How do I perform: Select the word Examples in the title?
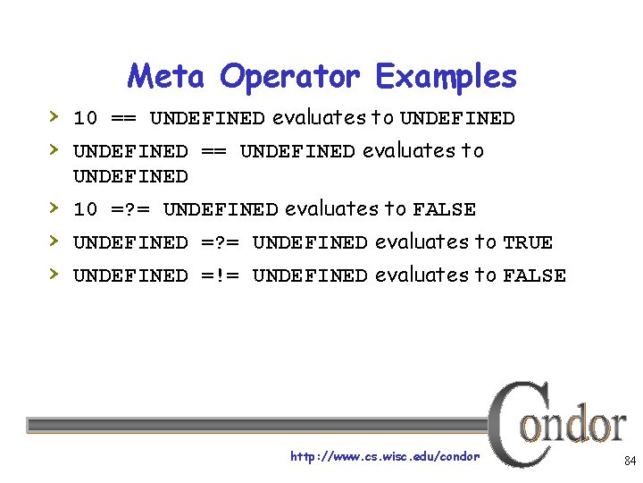(447, 78)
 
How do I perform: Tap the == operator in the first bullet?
(123, 119)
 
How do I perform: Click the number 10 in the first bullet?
(85, 119)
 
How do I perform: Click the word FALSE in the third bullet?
(444, 210)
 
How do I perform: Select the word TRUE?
(528, 243)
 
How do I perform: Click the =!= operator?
(220, 276)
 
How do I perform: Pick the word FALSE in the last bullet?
(534, 276)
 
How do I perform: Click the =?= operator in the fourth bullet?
(220, 243)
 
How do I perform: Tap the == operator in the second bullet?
(213, 152)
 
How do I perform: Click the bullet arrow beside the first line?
(54, 117)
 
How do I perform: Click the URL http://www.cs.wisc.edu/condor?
(385, 457)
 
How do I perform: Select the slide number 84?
(629, 462)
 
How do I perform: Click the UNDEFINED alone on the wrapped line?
(130, 176)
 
